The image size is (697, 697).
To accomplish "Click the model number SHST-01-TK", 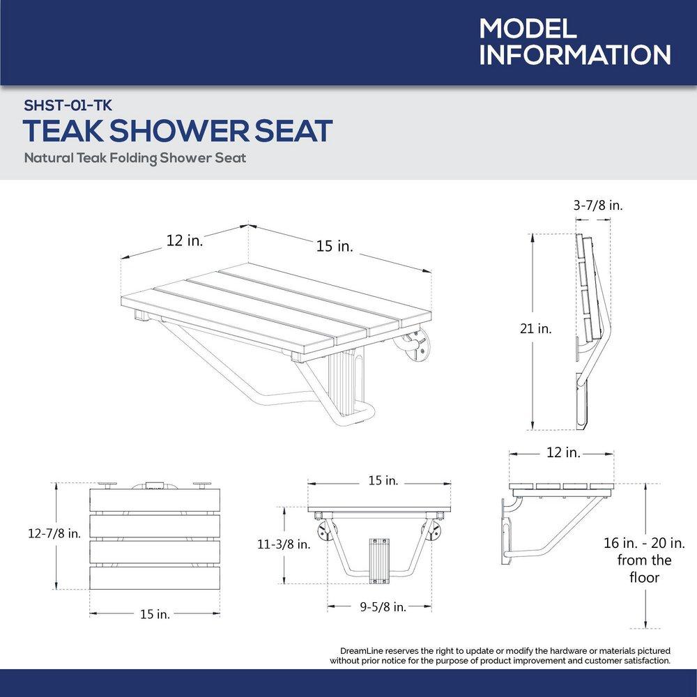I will [68, 105].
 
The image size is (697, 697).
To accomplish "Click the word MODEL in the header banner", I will [528, 29].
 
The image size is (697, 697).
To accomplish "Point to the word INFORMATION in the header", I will [575, 56].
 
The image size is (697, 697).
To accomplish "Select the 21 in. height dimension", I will [535, 329].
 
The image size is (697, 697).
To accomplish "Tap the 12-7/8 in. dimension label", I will [54, 533].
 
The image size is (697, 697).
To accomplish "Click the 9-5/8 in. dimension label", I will [383, 606].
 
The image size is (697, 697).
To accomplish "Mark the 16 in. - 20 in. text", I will [644, 542].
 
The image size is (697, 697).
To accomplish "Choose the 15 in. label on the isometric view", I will [335, 245].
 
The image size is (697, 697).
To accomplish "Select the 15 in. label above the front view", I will [383, 481].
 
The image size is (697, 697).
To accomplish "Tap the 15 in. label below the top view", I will [155, 613].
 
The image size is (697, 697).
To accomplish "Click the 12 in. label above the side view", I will [563, 453].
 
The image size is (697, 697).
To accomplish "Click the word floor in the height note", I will [644, 577].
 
